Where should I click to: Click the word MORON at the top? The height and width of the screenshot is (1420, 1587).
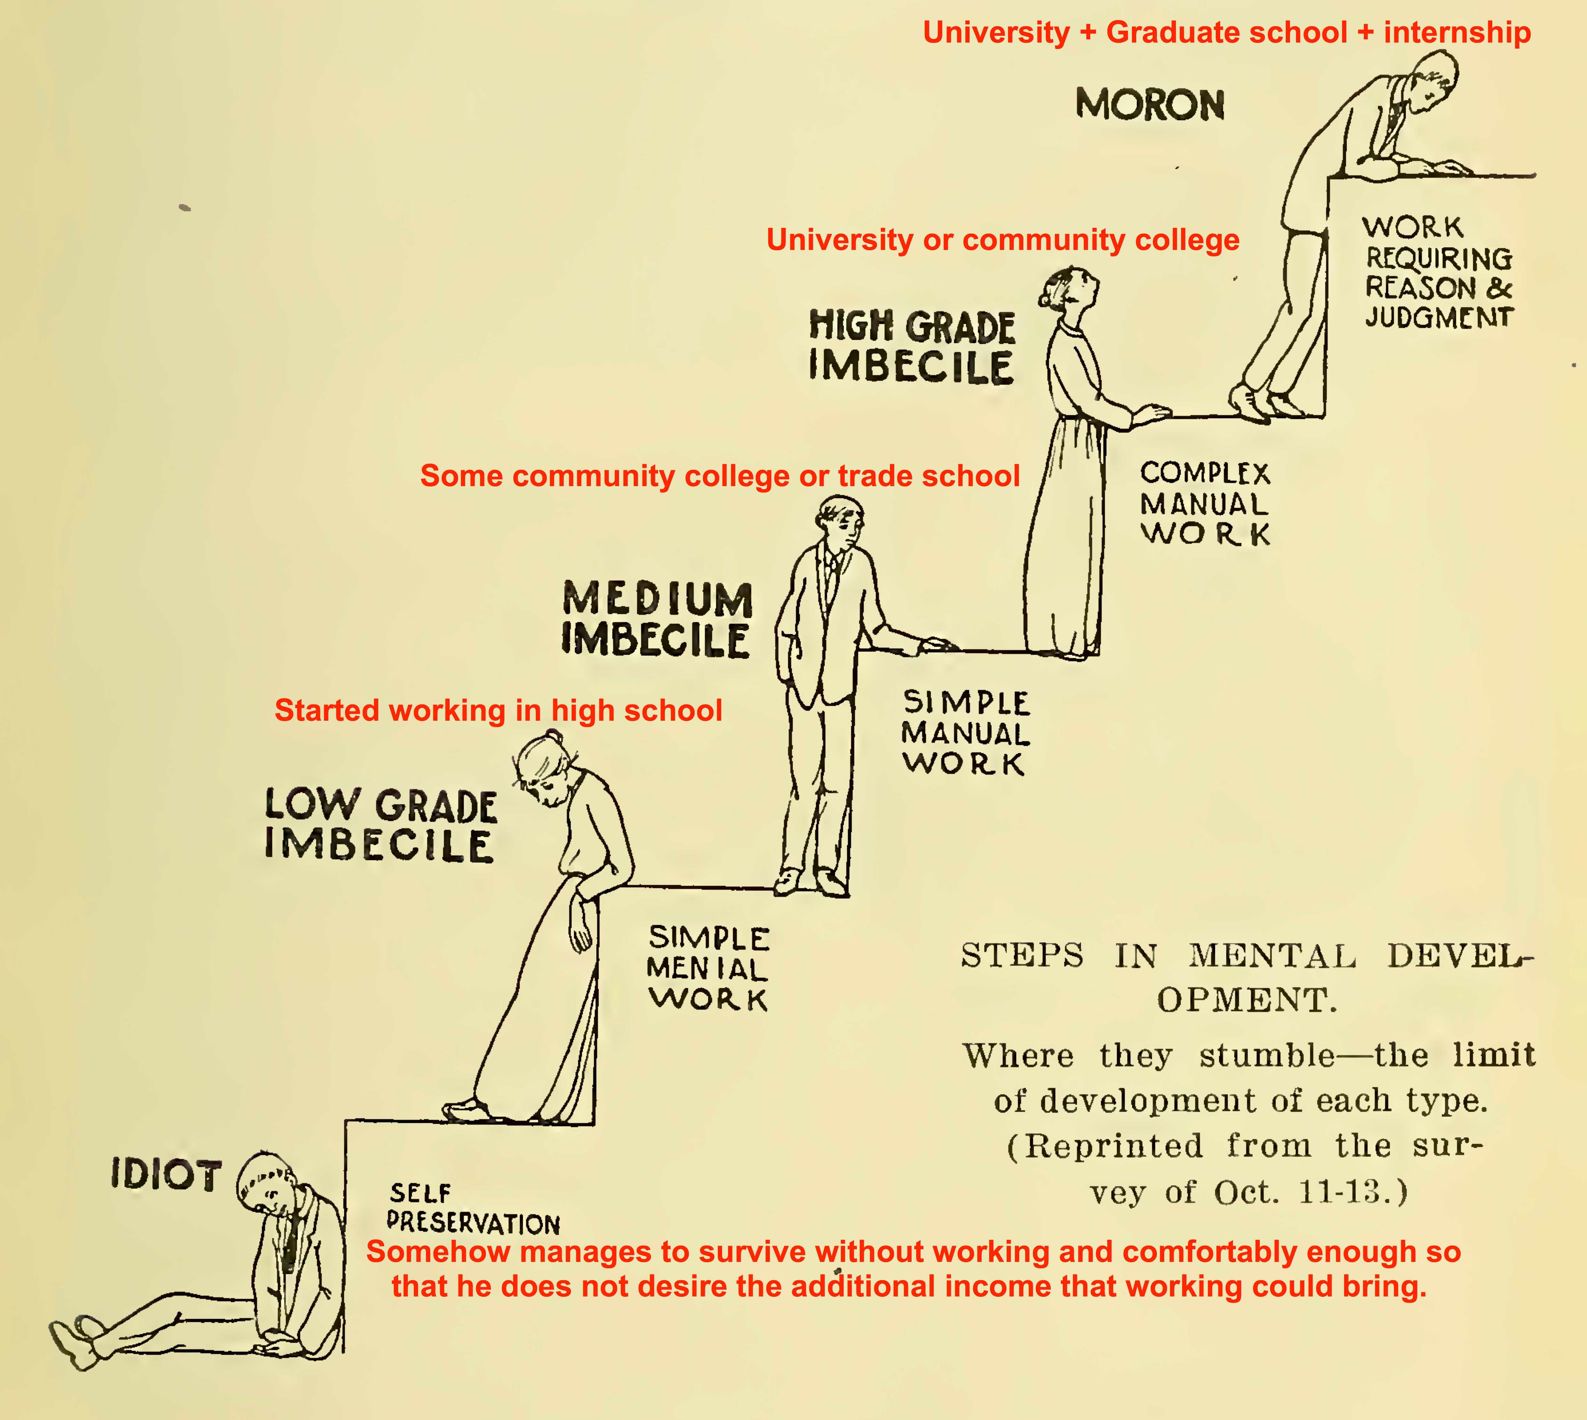coord(1150,105)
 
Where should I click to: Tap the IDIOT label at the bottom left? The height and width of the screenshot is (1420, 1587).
coord(166,1175)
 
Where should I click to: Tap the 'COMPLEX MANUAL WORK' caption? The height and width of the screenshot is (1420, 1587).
coord(1205,503)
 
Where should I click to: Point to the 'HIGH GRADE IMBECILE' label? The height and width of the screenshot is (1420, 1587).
coord(912,346)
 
